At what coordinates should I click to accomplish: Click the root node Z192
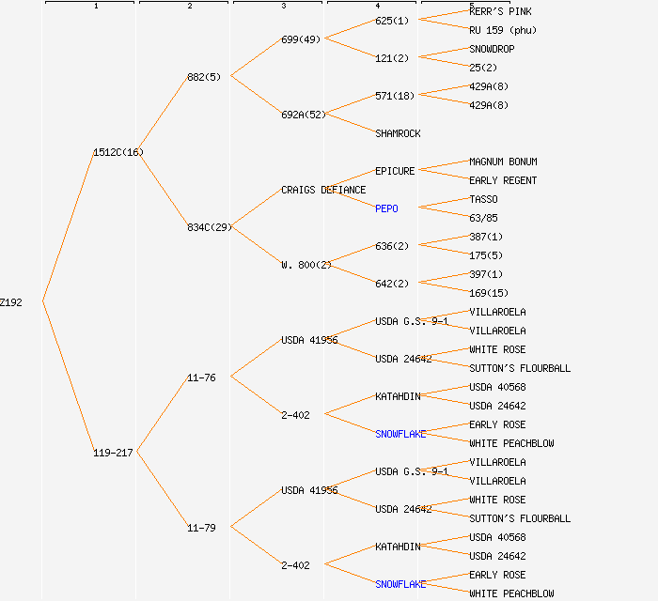11,302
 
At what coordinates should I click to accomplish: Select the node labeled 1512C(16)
118,152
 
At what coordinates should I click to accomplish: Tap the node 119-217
113,453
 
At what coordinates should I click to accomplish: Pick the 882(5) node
204,77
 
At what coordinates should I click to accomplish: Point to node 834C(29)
210,227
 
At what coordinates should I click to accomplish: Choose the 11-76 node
201,378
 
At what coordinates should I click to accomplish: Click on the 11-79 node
201,528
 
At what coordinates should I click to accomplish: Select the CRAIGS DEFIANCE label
323,190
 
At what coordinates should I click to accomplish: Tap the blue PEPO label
386,208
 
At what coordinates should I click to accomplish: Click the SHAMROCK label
398,133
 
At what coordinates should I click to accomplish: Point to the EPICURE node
395,171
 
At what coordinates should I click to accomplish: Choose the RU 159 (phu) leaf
503,30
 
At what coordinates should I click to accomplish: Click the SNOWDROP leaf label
492,49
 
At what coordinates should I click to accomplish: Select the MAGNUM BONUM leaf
503,162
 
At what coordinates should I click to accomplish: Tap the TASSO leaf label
483,199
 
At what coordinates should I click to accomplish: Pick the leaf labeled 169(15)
489,293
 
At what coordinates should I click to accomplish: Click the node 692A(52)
304,115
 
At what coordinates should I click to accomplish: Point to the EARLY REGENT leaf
503,180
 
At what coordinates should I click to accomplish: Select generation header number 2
189,6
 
